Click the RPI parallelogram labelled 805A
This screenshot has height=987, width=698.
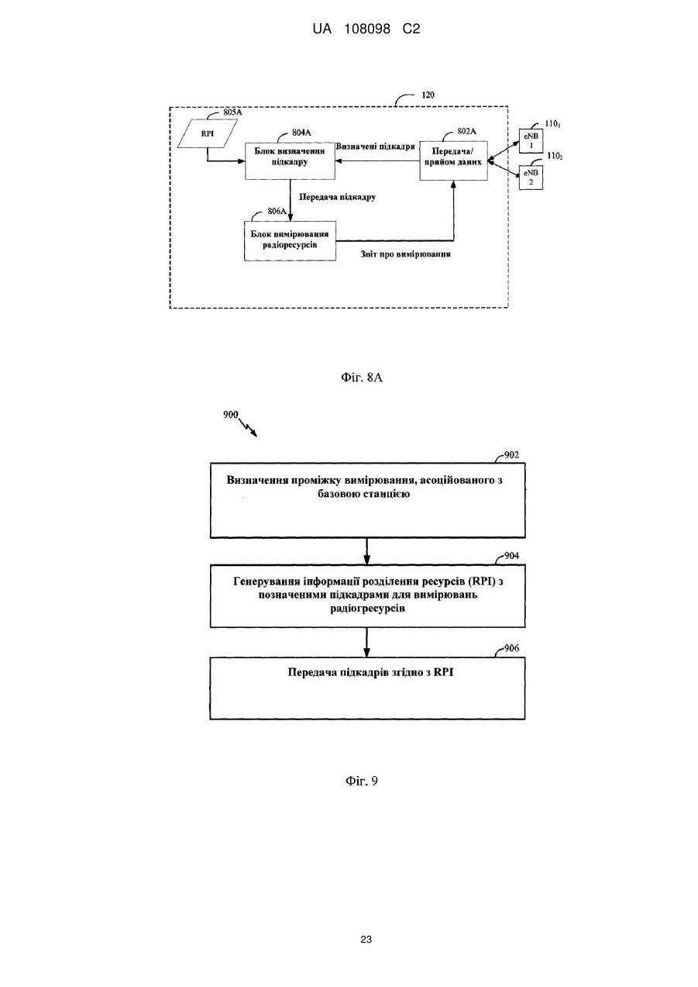[208, 133]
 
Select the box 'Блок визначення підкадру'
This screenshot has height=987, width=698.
[290, 160]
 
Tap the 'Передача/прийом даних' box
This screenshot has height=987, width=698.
[453, 160]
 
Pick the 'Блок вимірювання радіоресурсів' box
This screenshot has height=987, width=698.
[290, 241]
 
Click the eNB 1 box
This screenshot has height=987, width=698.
[531, 141]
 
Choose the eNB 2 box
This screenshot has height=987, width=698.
[531, 178]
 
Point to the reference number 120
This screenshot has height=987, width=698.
[428, 95]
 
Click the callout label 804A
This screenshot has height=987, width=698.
[301, 133]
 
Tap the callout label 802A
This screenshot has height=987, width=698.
[467, 131]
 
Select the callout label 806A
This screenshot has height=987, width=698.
[277, 211]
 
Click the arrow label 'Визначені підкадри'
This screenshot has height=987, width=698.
[376, 147]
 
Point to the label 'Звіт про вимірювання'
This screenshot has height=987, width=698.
[405, 254]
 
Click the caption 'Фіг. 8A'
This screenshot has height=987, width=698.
[362, 378]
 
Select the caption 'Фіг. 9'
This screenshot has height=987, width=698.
[362, 782]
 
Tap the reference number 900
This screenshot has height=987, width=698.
[230, 415]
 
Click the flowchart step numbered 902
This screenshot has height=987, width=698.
[368, 500]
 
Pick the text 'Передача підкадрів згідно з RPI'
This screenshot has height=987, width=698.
[371, 672]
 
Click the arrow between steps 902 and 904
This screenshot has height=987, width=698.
[367, 551]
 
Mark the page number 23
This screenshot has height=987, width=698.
[366, 940]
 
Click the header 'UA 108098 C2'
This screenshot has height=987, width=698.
[366, 29]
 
